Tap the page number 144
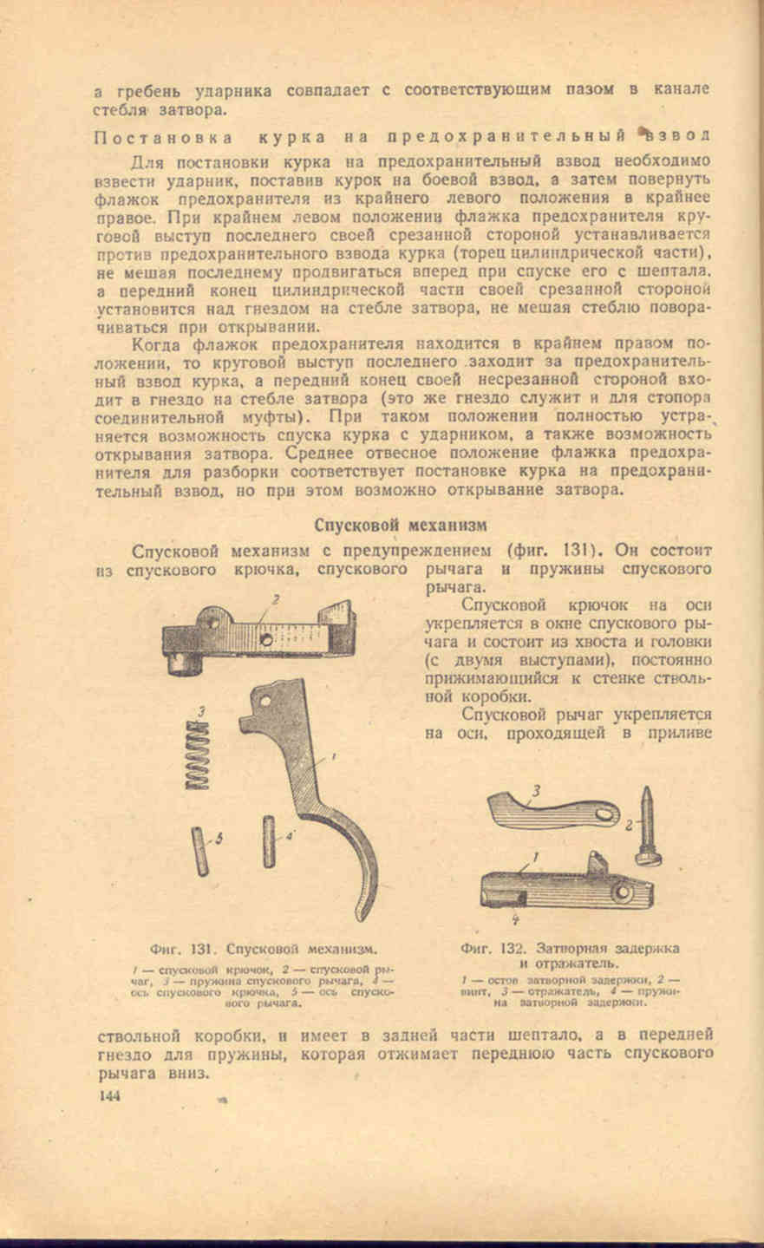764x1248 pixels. [109, 1095]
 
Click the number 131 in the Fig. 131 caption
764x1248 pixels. [205, 948]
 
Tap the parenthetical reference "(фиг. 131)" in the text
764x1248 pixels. [552, 549]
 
